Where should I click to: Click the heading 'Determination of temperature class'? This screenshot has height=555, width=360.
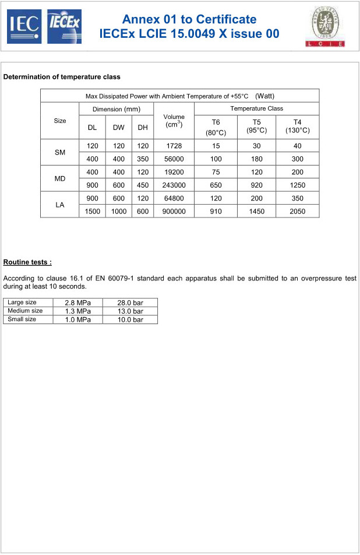coord(62,77)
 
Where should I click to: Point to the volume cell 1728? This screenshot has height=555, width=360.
coord(174,146)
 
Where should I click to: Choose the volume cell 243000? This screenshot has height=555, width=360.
coord(174,185)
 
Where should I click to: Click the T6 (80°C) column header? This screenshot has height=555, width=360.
coord(216,126)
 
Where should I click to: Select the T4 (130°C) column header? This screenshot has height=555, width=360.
coord(297,126)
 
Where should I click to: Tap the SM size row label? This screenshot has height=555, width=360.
coord(59,152)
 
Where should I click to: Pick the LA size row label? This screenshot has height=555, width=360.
coord(59,205)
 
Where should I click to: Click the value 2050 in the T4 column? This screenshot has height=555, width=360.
coord(297,211)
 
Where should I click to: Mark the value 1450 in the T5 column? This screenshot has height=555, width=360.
coord(256,211)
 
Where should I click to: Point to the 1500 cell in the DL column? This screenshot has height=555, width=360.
coord(92,211)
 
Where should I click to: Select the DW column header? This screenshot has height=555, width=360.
coord(118,127)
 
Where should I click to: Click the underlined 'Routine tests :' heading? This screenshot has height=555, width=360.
coord(27,262)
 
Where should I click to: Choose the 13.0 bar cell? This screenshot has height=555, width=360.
coord(129,311)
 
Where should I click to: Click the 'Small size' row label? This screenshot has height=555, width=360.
coord(22,319)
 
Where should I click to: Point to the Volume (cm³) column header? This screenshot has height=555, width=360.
coord(174,121)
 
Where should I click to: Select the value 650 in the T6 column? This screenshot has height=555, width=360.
coord(216,185)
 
